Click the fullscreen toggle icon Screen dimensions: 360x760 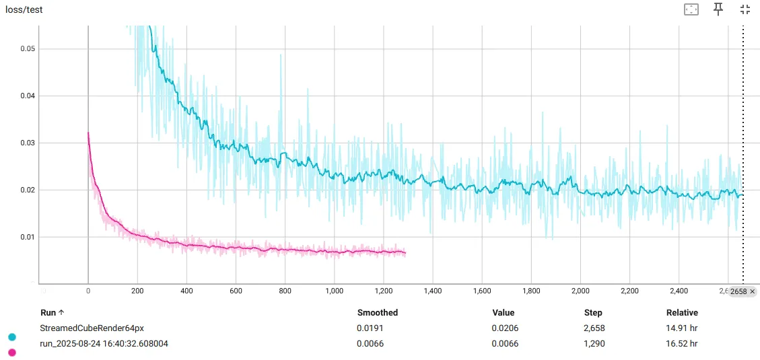pyautogui.click(x=691, y=9)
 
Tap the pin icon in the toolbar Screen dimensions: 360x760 pyautogui.click(x=718, y=9)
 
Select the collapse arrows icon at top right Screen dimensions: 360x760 pyautogui.click(x=745, y=9)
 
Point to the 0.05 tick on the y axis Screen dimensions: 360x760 pyautogui.click(x=27, y=49)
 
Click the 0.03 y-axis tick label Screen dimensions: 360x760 pyautogui.click(x=27, y=143)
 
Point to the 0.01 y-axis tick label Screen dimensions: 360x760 pyautogui.click(x=27, y=237)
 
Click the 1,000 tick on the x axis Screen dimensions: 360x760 pyautogui.click(x=334, y=291)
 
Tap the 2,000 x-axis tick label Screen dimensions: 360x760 pyautogui.click(x=580, y=291)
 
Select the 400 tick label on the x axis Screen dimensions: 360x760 pyautogui.click(x=186, y=291)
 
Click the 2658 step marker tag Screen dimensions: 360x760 pyautogui.click(x=742, y=291)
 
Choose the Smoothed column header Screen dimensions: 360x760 pyautogui.click(x=377, y=313)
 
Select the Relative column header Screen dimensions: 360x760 pyautogui.click(x=682, y=313)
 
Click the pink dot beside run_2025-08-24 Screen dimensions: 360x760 pyautogui.click(x=11, y=352)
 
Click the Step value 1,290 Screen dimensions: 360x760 pyautogui.click(x=595, y=344)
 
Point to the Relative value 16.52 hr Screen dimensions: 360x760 pyautogui.click(x=682, y=344)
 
